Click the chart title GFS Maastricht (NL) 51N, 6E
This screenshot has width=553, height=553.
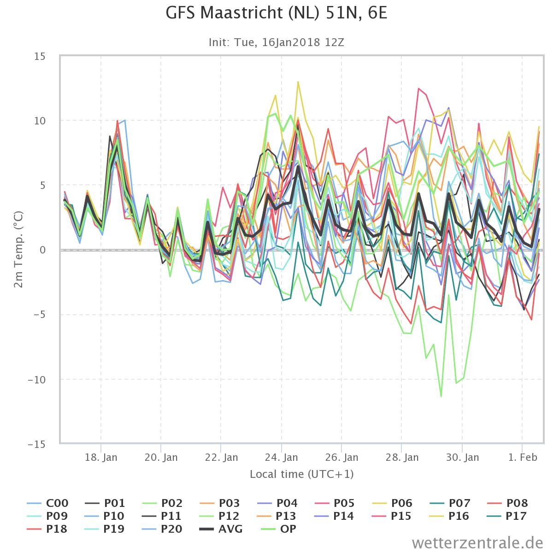(276, 13)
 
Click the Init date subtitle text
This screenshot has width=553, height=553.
(276, 42)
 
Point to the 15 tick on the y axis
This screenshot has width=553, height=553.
(40, 56)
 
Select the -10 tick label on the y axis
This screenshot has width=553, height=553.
(37, 380)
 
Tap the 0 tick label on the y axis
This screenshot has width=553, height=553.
(43, 250)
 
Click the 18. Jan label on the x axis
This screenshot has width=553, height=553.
(101, 457)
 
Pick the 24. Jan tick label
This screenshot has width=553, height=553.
(282, 457)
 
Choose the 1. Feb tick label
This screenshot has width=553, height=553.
(523, 457)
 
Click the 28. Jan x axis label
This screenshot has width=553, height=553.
(402, 457)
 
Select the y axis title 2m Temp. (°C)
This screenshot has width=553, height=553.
(18, 249)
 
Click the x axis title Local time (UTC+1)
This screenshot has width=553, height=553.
(301, 474)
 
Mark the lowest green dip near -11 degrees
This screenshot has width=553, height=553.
(441, 396)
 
